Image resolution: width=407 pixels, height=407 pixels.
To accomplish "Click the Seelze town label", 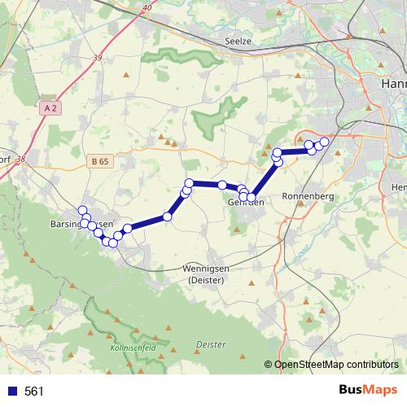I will point(239,41).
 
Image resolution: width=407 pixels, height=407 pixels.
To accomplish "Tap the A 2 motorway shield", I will point(50,107).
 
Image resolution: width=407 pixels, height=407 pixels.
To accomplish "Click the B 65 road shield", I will point(101,161).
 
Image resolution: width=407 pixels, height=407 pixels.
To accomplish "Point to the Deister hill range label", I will point(211,345).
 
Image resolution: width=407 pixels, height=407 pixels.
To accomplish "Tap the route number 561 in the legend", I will point(34,392).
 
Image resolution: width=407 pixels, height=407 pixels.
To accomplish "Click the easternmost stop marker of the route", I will point(324,142).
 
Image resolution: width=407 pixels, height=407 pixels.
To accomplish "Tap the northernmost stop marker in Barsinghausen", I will point(82,210).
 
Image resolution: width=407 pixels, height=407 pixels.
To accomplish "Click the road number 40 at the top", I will point(147,7).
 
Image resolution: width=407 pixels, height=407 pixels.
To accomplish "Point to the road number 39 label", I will point(98,57).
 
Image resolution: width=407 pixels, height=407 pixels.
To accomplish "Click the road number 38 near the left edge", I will point(20,160).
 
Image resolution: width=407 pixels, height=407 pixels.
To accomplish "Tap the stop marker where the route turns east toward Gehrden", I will point(189,183).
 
